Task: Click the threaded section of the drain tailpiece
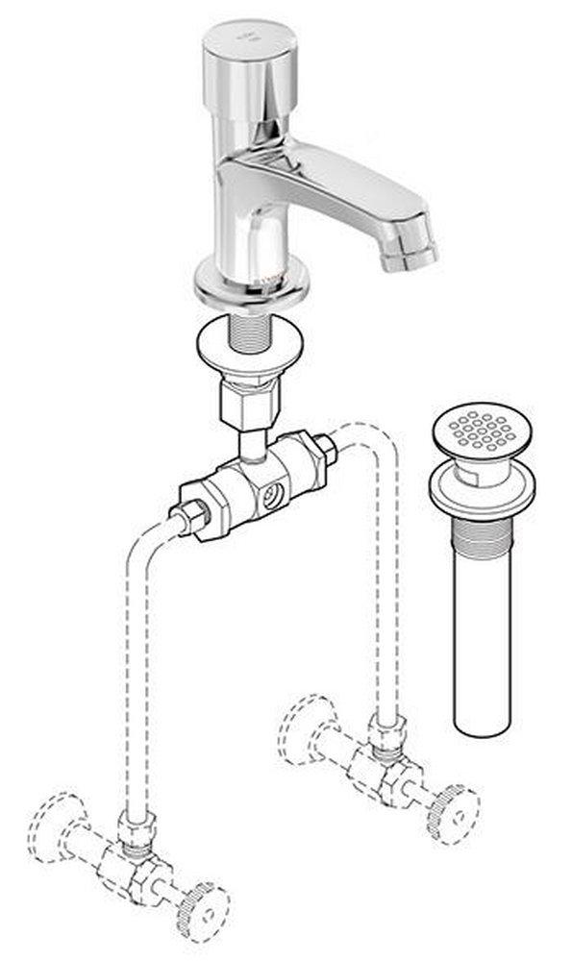(x=481, y=538)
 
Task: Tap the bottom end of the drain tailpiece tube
(x=481, y=726)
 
